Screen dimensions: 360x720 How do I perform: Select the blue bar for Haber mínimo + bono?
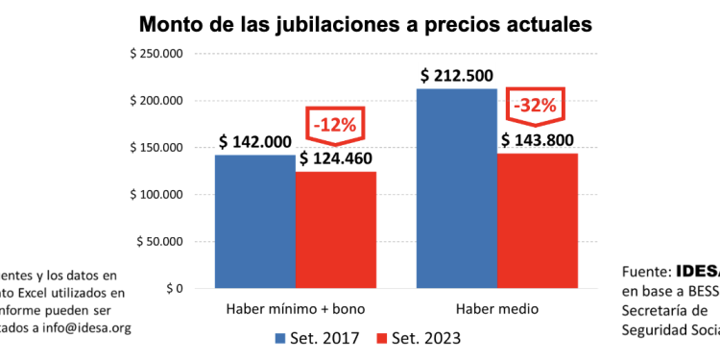tap(254, 221)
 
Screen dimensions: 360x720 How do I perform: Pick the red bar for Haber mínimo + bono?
tap(335, 229)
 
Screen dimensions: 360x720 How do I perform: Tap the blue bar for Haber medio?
tap(457, 188)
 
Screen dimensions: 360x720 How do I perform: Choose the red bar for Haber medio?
tap(538, 220)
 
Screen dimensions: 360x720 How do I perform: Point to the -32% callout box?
tap(536, 105)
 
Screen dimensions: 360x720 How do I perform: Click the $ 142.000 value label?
tap(254, 142)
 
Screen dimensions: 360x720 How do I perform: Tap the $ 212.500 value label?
tap(458, 76)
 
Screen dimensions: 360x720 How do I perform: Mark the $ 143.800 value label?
tap(539, 140)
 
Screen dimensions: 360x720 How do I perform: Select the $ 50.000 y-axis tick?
tap(159, 241)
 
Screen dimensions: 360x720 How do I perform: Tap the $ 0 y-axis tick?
tap(170, 288)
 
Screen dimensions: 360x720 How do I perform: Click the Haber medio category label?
tap(497, 309)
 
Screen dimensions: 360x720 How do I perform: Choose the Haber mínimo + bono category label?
tap(295, 309)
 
